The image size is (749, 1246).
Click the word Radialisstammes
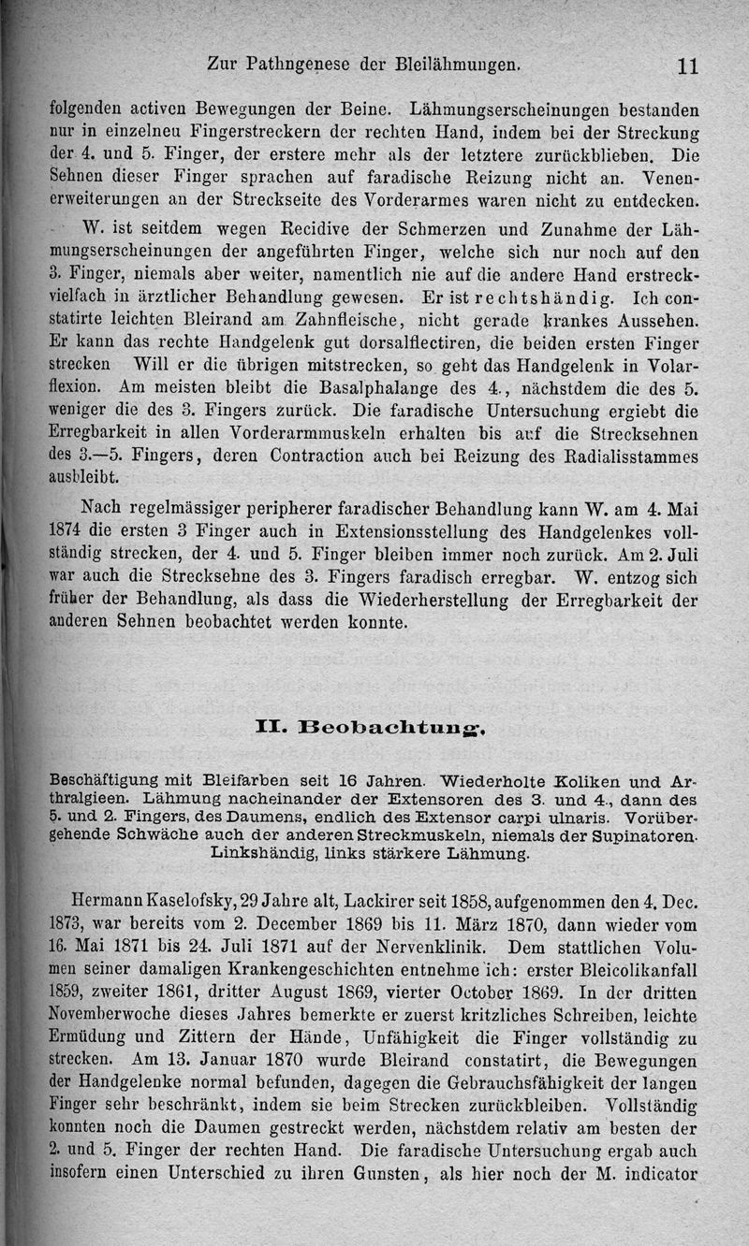coord(640,456)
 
